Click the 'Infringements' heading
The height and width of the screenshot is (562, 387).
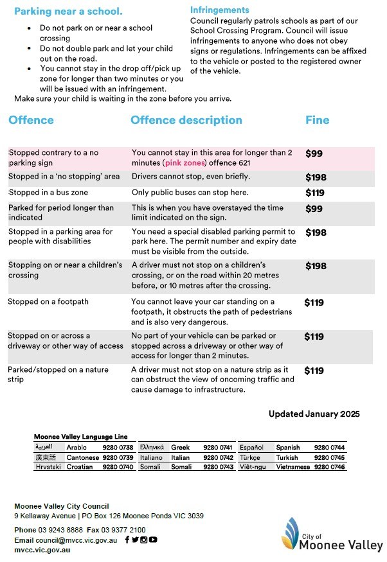tap(219, 10)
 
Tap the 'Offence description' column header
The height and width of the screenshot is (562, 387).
tap(186, 120)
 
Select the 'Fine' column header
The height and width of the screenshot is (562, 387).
tap(317, 120)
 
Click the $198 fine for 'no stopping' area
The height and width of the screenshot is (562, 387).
tap(316, 177)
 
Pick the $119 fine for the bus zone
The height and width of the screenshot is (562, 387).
tap(315, 193)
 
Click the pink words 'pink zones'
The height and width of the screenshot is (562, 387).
tap(186, 163)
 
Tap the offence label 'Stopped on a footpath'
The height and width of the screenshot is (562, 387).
tap(48, 301)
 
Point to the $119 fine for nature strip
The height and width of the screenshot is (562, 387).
tap(314, 371)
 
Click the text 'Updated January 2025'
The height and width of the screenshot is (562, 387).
tap(314, 414)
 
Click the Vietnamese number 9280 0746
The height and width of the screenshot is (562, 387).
tap(330, 468)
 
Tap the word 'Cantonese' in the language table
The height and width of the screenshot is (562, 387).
tap(83, 457)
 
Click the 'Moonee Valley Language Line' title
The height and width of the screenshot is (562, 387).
tap(80, 437)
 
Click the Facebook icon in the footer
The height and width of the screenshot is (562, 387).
tap(127, 540)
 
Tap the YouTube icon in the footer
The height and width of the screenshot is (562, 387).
tap(153, 540)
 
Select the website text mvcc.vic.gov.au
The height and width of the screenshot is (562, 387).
tap(42, 550)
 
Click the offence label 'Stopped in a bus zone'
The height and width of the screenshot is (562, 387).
tap(48, 193)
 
